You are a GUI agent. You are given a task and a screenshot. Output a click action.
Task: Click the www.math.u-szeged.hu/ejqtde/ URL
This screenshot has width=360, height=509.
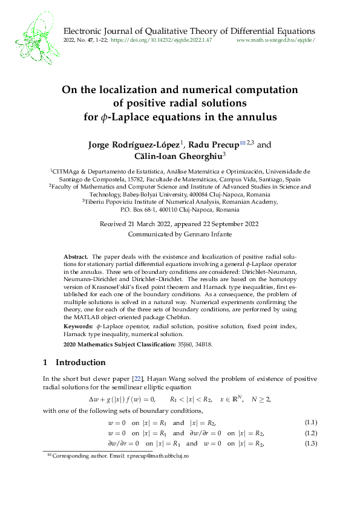[276, 41]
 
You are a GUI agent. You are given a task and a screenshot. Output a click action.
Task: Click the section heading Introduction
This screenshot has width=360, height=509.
[80, 363]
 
